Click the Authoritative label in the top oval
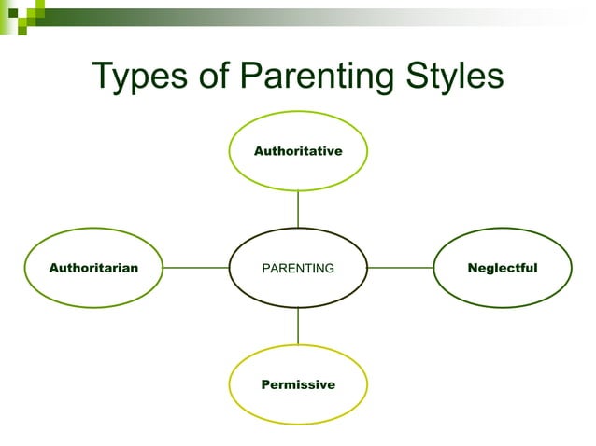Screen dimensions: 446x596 point(298,150)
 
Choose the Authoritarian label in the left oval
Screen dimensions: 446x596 point(93,268)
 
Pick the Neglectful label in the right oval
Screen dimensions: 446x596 point(503,268)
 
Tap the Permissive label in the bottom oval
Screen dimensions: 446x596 point(298,384)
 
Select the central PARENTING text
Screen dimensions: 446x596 point(298,269)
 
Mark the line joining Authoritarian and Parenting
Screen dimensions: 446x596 point(196,268)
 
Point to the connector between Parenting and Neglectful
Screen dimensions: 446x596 point(401,268)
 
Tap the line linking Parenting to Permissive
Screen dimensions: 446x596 point(298,326)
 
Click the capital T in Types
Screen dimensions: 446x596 point(103,76)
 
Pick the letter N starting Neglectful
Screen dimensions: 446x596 point(473,268)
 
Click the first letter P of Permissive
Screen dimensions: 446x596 point(265,384)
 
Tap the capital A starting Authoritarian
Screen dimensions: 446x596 point(53,268)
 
